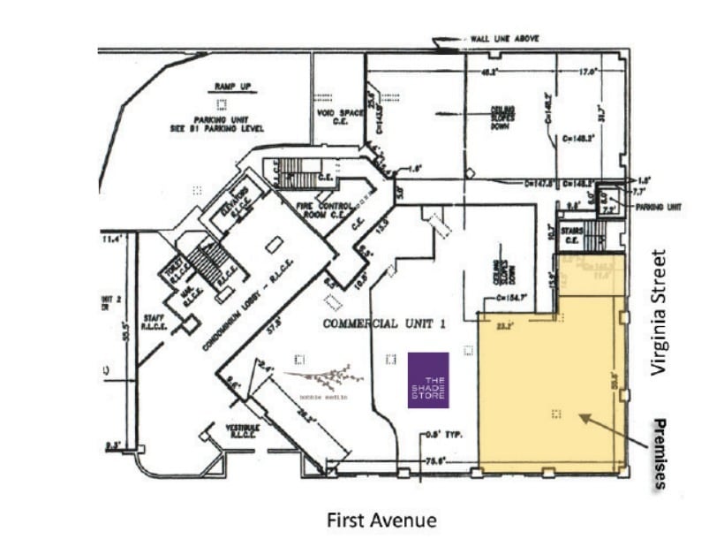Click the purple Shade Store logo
[x=428, y=380]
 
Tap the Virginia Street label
[x=658, y=313]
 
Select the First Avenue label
[x=381, y=520]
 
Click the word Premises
[x=658, y=453]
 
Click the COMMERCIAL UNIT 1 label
[x=383, y=323]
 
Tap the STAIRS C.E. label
[x=571, y=235]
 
